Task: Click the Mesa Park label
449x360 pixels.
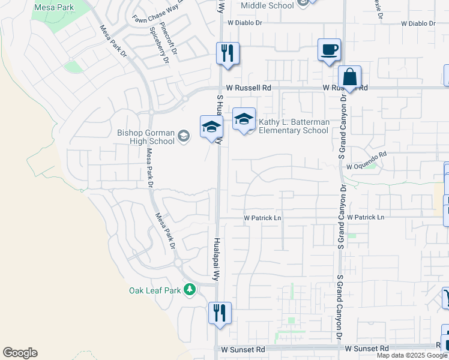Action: (53, 7)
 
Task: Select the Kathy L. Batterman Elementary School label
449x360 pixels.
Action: (294, 126)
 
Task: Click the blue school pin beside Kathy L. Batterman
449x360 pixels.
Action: (244, 120)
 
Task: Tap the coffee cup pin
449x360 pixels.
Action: (329, 50)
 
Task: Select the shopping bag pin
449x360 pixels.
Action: (349, 78)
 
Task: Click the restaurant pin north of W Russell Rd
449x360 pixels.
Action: (228, 53)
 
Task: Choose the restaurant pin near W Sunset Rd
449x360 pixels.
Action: (220, 313)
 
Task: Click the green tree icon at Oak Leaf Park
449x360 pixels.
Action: (190, 290)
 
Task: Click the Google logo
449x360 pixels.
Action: (20, 353)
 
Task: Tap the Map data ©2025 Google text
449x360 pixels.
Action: (412, 355)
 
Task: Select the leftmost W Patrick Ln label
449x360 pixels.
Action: (262, 217)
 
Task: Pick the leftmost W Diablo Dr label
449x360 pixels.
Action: (243, 23)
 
